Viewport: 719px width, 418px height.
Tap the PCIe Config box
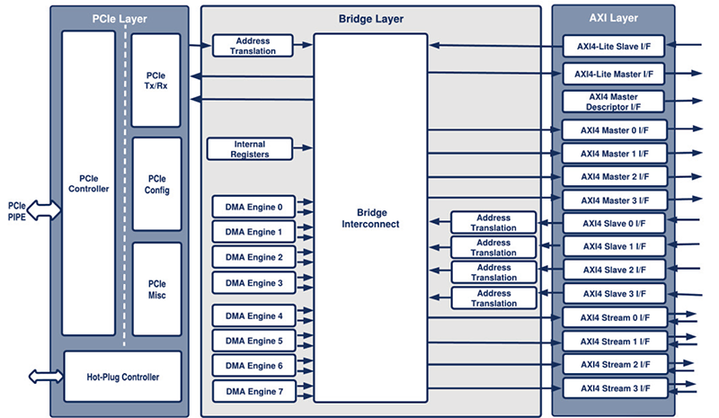(x=157, y=184)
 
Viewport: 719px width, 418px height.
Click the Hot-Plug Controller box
(x=122, y=377)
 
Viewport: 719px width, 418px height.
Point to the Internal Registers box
(x=250, y=149)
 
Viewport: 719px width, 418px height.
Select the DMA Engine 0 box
(x=253, y=208)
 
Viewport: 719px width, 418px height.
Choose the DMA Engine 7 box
(x=253, y=392)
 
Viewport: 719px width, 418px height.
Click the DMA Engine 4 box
(x=253, y=316)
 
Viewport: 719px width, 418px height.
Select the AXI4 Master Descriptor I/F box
(x=615, y=101)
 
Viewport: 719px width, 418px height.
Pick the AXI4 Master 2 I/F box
(x=615, y=176)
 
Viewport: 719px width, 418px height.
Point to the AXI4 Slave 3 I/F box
(x=615, y=294)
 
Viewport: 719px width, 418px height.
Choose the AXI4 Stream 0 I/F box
(x=615, y=318)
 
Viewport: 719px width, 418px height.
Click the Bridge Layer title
(x=370, y=17)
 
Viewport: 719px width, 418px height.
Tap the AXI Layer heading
(x=615, y=17)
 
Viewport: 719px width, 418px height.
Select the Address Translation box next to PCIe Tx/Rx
(x=253, y=46)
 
